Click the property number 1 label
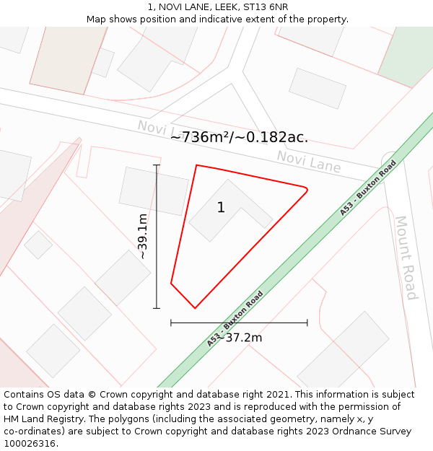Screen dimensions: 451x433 (221, 208)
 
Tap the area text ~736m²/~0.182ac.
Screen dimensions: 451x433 (239, 137)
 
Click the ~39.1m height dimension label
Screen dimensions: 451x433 (143, 236)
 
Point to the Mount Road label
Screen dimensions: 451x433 (405, 257)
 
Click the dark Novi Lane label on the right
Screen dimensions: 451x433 (309, 162)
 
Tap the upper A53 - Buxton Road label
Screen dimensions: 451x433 (368, 188)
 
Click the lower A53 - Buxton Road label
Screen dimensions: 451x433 (235, 318)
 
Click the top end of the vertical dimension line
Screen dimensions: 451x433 (157, 165)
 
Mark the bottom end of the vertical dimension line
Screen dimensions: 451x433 (157, 308)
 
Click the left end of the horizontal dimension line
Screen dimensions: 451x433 (171, 323)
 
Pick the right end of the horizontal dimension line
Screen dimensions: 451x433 (307, 323)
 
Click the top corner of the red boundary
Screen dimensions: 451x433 (196, 165)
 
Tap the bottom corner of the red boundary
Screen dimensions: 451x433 (194, 308)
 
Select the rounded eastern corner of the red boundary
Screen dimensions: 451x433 (307, 191)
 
